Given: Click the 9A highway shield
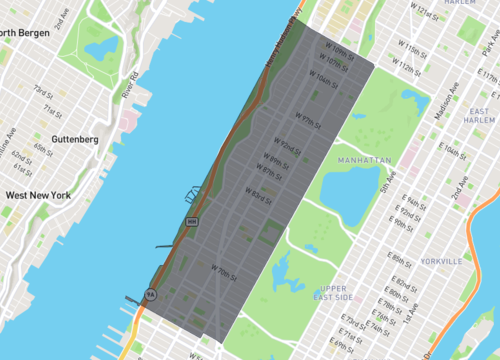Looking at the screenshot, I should point(150,294).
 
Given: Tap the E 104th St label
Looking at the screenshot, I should point(456,150).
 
